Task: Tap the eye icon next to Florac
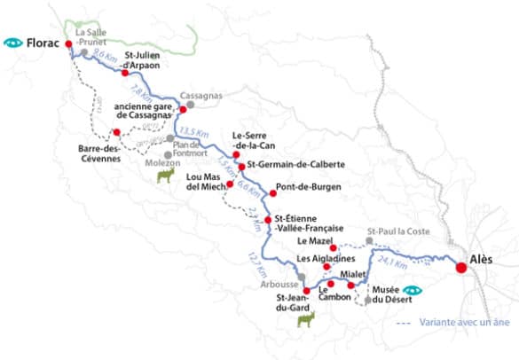(13, 42)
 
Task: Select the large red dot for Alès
(460, 267)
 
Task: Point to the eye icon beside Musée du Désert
(412, 291)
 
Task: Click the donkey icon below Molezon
(164, 176)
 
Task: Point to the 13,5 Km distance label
(203, 137)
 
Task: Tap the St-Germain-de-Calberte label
(295, 165)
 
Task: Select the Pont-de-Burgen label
(303, 187)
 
